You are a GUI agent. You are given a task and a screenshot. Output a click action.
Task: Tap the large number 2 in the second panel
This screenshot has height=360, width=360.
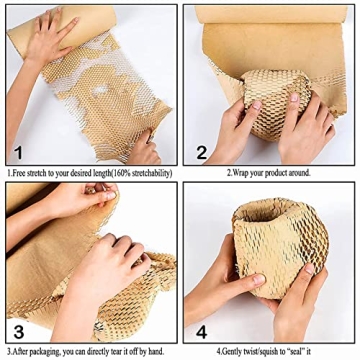[x=200, y=152]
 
